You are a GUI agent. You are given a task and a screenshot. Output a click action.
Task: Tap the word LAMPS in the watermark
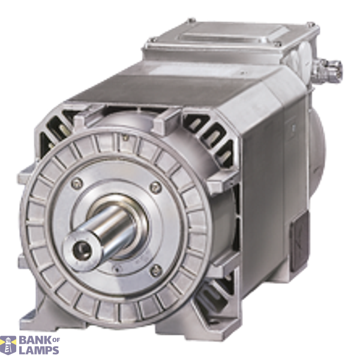coord(39,350)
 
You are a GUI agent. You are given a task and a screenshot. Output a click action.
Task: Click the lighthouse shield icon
coord(8,345)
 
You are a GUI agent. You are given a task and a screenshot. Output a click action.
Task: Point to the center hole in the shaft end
coord(82,248)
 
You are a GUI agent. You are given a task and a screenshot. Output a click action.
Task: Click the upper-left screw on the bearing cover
coord(77,183)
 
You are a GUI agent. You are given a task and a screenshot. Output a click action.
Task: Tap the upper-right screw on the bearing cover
coord(155,186)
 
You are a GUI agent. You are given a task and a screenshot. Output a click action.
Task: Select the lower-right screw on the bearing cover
coord(156,270)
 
